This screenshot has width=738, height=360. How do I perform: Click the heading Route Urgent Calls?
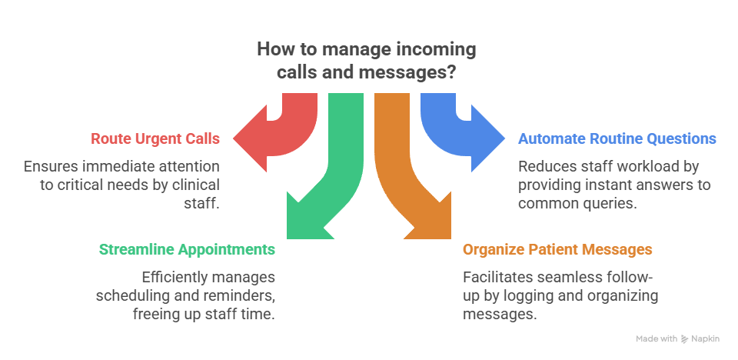155,139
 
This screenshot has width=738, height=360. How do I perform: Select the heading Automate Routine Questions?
617,139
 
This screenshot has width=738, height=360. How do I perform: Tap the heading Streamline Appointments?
187,250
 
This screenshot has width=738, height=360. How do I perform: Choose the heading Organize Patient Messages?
557,250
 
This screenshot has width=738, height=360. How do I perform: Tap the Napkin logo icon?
684,338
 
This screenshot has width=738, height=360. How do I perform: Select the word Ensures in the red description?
48,166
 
